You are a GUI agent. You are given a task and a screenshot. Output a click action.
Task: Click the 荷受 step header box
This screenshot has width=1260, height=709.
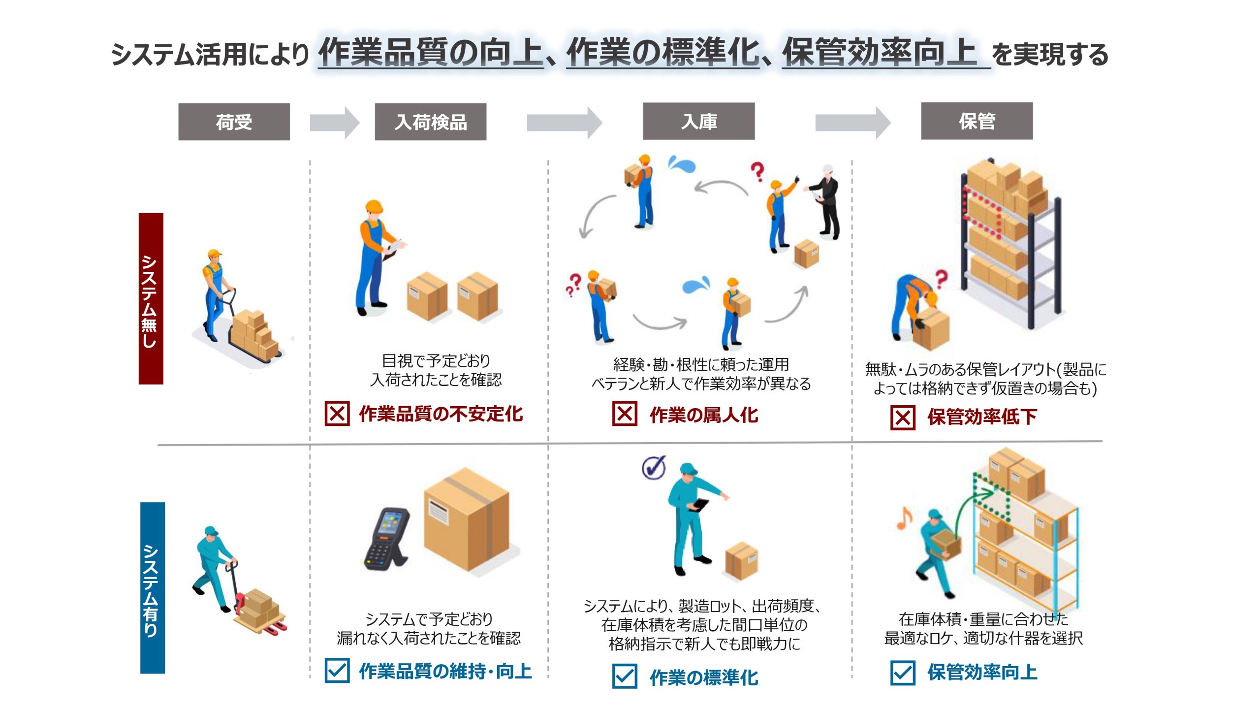click(x=234, y=122)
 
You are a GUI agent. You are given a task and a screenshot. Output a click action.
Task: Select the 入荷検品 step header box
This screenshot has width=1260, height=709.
click(x=431, y=122)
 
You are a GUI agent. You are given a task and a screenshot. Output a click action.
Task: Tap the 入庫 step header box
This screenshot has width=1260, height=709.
click(x=699, y=121)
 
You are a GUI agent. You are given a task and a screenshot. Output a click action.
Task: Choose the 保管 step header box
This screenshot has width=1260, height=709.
click(x=977, y=121)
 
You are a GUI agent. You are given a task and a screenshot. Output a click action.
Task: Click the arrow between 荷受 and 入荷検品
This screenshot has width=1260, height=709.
click(x=335, y=123)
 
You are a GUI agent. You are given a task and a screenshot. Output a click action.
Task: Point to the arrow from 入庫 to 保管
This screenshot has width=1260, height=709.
click(x=853, y=123)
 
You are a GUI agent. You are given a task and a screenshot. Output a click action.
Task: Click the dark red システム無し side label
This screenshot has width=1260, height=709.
click(x=151, y=298)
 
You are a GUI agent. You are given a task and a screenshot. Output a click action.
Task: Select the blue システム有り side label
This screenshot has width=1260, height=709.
click(x=153, y=588)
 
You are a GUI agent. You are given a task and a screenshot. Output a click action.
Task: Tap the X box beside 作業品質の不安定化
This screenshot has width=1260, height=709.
click(x=337, y=413)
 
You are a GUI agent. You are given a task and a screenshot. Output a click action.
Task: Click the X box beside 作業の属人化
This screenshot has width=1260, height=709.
click(x=625, y=413)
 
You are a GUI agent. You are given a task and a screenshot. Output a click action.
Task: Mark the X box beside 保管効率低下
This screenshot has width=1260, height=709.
click(x=903, y=418)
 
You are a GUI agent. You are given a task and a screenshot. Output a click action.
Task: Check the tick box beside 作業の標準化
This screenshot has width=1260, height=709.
click(x=625, y=676)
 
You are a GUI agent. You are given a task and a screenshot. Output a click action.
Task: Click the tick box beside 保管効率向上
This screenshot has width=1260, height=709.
click(x=903, y=673)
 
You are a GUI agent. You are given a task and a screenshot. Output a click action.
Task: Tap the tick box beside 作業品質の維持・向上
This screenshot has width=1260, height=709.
click(x=337, y=670)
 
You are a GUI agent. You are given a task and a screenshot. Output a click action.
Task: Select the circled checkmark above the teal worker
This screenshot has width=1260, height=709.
click(x=654, y=467)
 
